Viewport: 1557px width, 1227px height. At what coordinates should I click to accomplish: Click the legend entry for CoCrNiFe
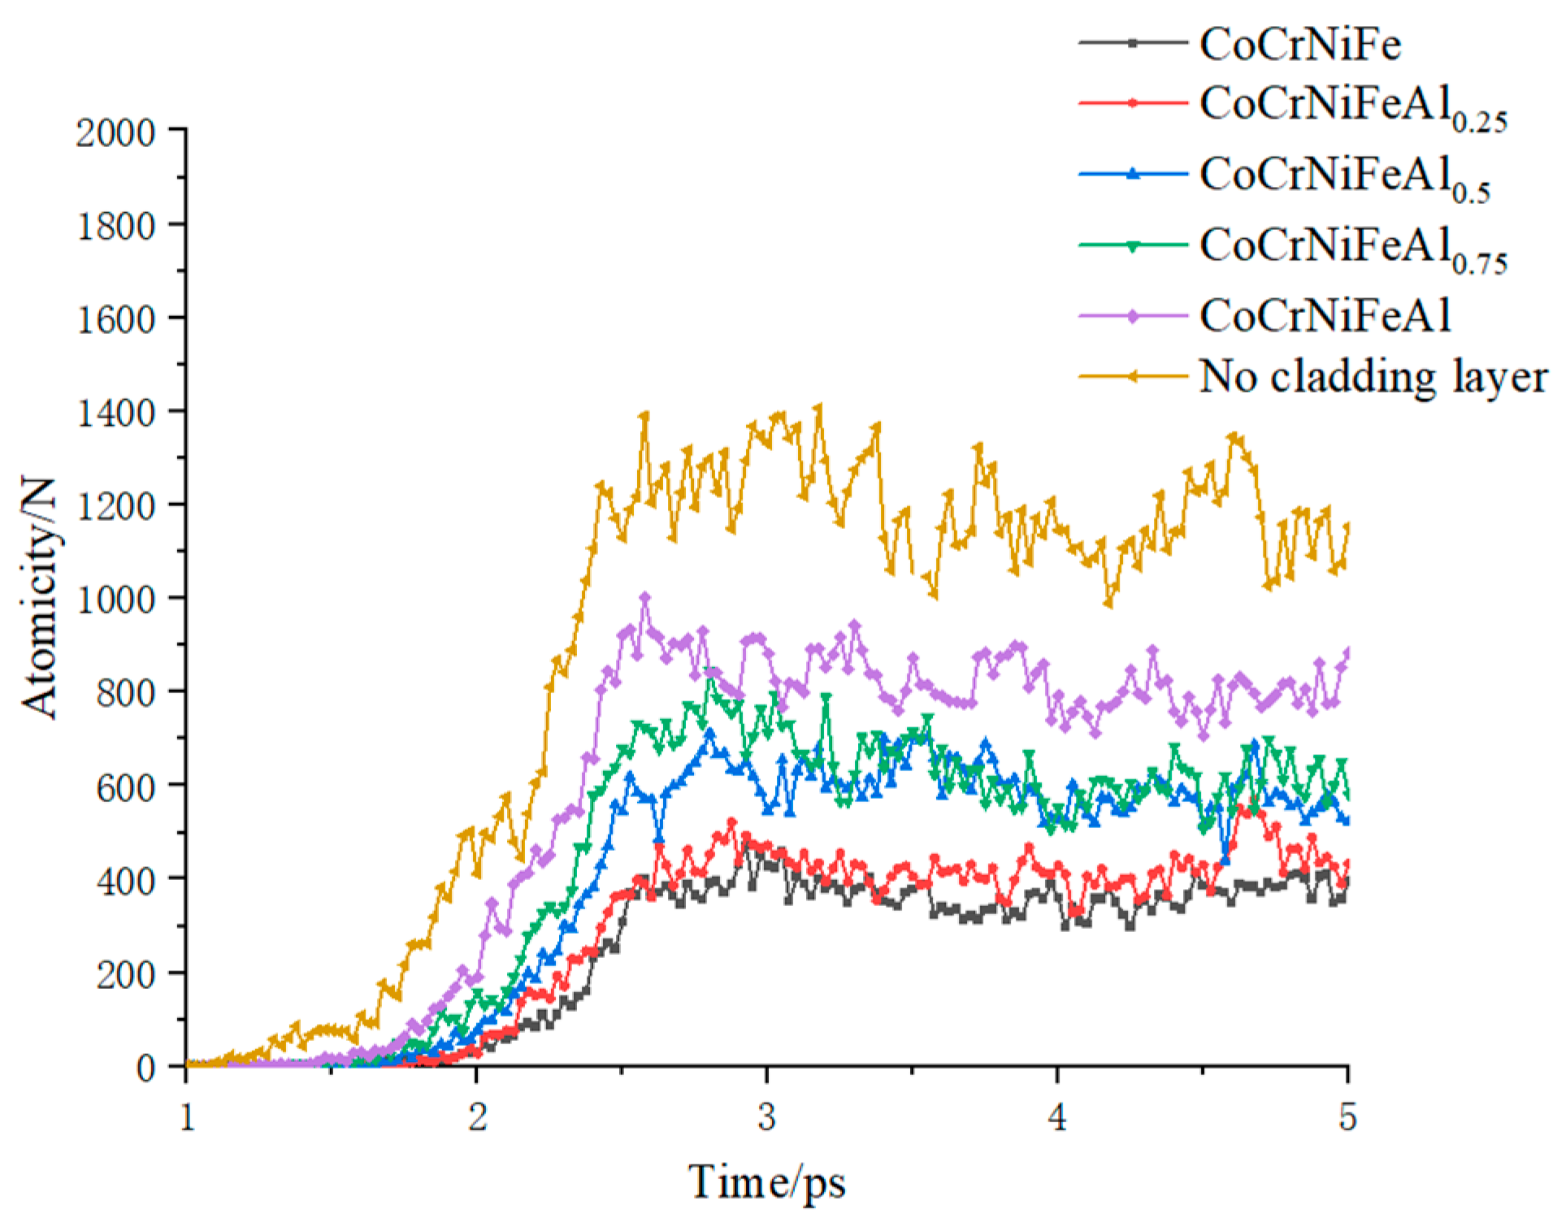(x=1299, y=44)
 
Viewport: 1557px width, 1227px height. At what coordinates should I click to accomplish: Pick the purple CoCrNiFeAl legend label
(x=1325, y=316)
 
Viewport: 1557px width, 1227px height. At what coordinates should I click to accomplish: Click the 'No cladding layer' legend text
(x=1373, y=377)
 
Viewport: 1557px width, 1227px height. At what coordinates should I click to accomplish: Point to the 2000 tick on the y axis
(x=115, y=132)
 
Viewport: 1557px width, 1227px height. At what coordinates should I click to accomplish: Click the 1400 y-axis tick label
(x=115, y=413)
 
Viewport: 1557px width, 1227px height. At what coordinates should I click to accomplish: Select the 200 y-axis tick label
(x=126, y=974)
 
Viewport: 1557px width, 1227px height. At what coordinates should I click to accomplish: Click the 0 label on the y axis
(x=146, y=1068)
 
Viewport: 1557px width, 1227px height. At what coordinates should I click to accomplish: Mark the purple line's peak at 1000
(x=645, y=598)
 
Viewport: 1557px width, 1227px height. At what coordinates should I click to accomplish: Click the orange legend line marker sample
(x=1132, y=376)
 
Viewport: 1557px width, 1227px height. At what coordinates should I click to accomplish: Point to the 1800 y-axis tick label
(x=115, y=226)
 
